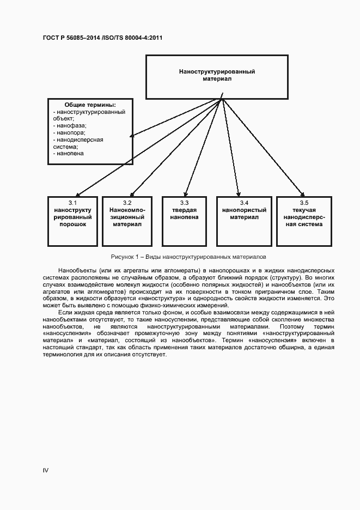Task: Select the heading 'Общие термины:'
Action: tap(90, 105)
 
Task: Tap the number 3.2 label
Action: tap(127, 203)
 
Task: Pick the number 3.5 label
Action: tap(303, 203)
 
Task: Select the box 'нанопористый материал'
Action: tap(243, 220)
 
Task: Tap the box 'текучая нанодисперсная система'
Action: tap(303, 220)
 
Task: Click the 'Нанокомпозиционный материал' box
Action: tap(127, 220)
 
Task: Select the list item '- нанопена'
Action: tap(69, 154)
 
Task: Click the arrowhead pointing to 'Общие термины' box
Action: tap(133, 135)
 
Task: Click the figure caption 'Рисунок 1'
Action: tap(188, 256)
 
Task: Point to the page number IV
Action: tap(46, 470)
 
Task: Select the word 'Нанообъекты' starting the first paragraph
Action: tap(76, 270)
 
